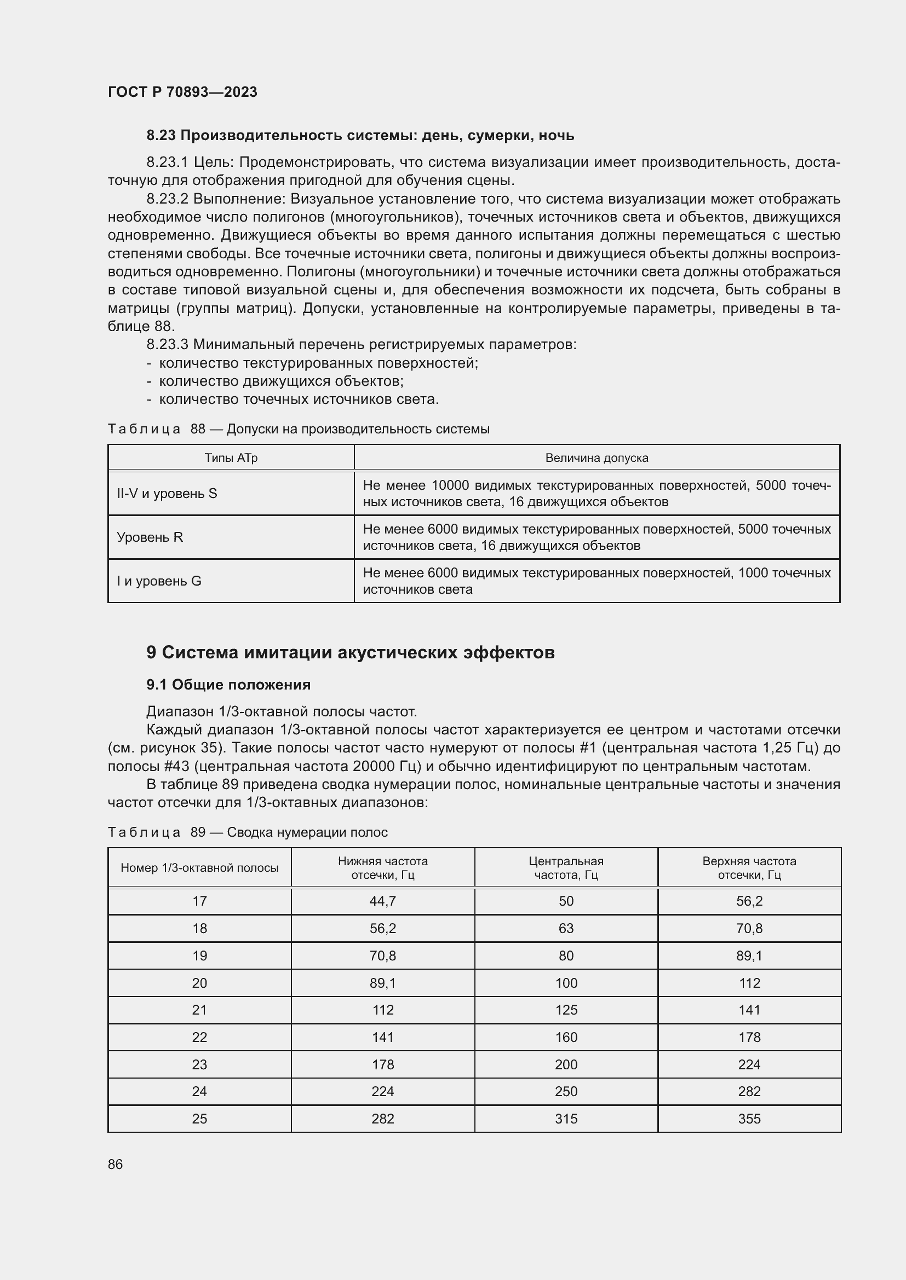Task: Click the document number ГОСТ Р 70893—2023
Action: coord(182,92)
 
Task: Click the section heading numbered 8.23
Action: coord(360,136)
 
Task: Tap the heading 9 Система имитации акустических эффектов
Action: coord(351,652)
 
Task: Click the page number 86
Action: coord(116,1164)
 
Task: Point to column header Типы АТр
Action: coord(231,458)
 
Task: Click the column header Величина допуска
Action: coord(597,458)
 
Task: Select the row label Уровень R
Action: coord(150,537)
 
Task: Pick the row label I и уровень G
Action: coord(159,581)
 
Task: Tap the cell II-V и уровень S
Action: coord(167,494)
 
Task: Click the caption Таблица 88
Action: coord(299,428)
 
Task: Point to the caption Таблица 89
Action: coord(247,832)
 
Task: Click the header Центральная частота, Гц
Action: coord(566,868)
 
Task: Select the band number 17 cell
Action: coord(199,901)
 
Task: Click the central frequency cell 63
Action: coord(566,929)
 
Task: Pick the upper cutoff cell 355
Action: coord(749,1119)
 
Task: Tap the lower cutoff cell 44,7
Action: coord(383,901)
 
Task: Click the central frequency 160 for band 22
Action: coord(566,1038)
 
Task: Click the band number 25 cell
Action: coord(199,1119)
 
